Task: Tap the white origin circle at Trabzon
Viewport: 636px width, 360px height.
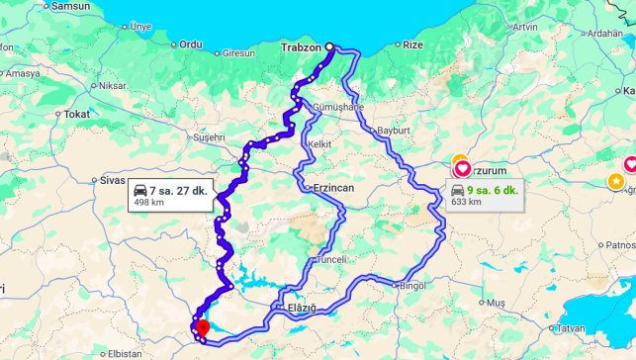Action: tap(329, 45)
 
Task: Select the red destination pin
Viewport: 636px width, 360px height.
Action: tap(202, 327)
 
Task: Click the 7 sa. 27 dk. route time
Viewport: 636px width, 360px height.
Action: tap(178, 189)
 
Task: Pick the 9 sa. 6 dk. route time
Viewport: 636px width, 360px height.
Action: tap(492, 189)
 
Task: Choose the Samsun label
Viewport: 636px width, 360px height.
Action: tap(70, 6)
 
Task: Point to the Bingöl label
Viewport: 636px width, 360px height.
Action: tap(409, 287)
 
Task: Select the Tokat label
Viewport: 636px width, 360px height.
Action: tap(76, 114)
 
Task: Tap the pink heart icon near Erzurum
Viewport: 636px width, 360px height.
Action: tap(462, 168)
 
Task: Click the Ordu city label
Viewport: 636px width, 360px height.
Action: tap(190, 45)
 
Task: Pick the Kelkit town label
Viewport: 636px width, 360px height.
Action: tap(319, 144)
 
